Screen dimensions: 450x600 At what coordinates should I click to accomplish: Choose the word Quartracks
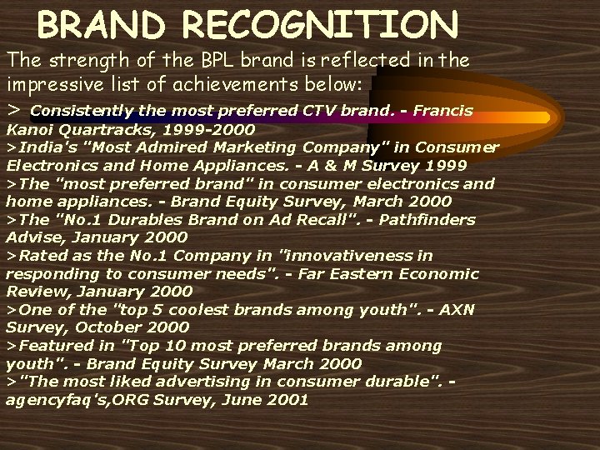87,130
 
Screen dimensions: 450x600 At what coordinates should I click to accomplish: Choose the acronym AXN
457,310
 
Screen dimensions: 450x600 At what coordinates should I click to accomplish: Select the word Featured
48,346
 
